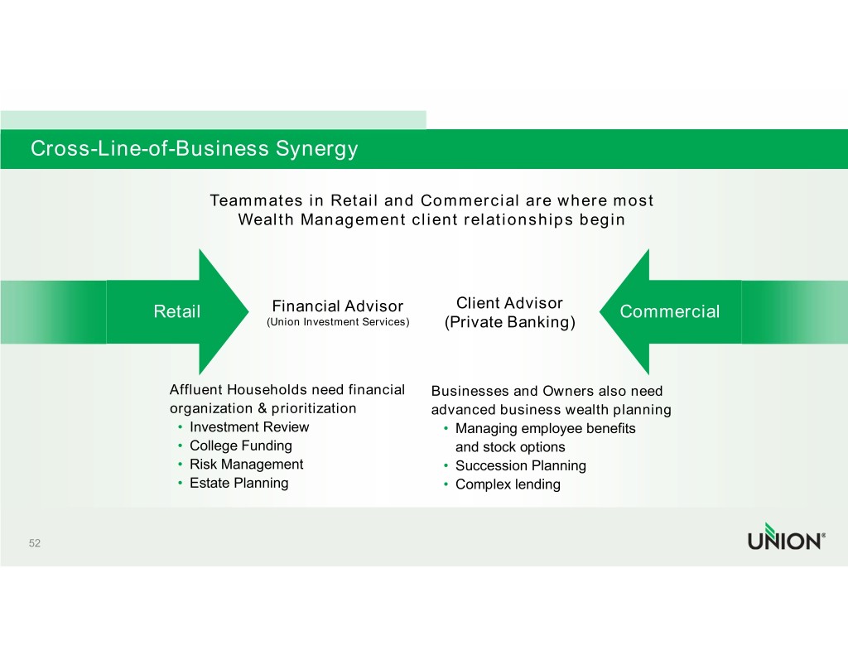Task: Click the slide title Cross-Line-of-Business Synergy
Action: [194, 149]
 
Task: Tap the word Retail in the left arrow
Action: [177, 311]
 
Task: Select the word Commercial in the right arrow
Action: [669, 311]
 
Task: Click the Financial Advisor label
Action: [337, 307]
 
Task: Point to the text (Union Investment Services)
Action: [337, 322]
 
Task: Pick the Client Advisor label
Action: [509, 303]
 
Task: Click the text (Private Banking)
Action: [509, 322]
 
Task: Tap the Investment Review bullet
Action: [248, 427]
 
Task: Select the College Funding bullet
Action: [240, 445]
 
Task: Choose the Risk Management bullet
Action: [246, 465]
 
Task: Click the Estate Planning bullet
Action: [238, 483]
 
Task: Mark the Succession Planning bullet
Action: [520, 466]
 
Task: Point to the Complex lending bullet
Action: [508, 484]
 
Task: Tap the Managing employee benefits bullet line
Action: [545, 429]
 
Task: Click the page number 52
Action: [34, 543]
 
